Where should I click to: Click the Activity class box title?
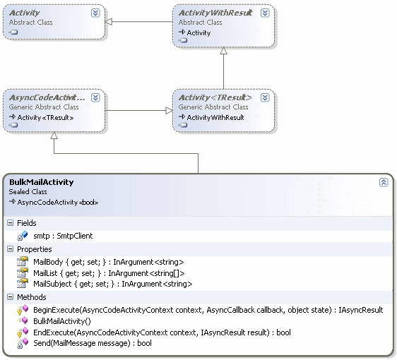point(25,13)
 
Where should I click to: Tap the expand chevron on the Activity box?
point(95,13)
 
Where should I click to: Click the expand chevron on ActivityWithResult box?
point(265,13)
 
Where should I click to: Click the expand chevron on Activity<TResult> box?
point(265,97)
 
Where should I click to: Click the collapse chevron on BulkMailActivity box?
point(384,182)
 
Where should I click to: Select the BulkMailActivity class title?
point(42,182)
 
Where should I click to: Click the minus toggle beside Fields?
point(10,223)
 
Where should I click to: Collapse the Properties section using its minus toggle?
point(10,249)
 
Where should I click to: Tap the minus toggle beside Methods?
point(10,297)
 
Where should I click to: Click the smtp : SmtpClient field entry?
point(63,236)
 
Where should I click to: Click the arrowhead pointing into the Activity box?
point(110,22)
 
